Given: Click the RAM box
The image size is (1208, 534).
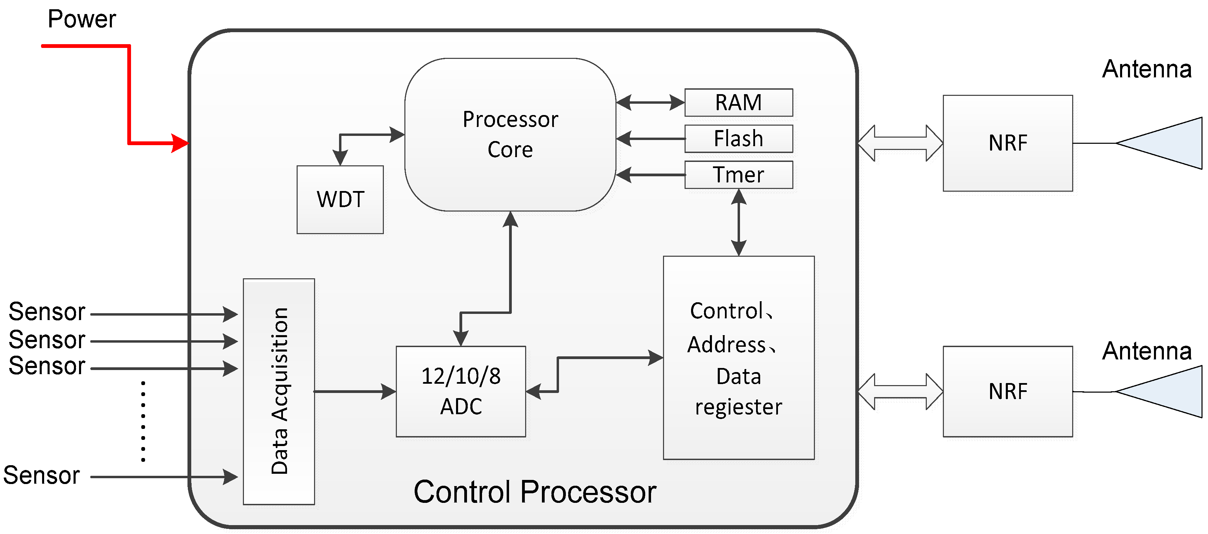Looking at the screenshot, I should click(738, 102).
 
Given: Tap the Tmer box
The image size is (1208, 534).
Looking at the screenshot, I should click(738, 175).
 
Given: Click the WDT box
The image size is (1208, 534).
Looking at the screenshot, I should click(340, 200).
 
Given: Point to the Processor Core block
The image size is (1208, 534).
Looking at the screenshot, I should click(510, 135).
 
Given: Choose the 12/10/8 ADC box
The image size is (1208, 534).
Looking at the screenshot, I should click(460, 391).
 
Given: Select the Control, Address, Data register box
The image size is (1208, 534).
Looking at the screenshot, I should click(738, 358).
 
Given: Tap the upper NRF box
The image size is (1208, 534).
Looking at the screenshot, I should click(1007, 143).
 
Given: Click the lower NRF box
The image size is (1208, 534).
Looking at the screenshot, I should click(1007, 391).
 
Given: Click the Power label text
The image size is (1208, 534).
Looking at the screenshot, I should click(82, 19).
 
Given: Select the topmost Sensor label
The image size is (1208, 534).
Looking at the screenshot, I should click(47, 311).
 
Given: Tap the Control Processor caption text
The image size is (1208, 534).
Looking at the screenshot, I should click(535, 492).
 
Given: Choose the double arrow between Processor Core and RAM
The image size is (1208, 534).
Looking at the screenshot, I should click(650, 102).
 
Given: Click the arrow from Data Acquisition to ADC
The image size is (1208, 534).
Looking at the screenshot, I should click(355, 391).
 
